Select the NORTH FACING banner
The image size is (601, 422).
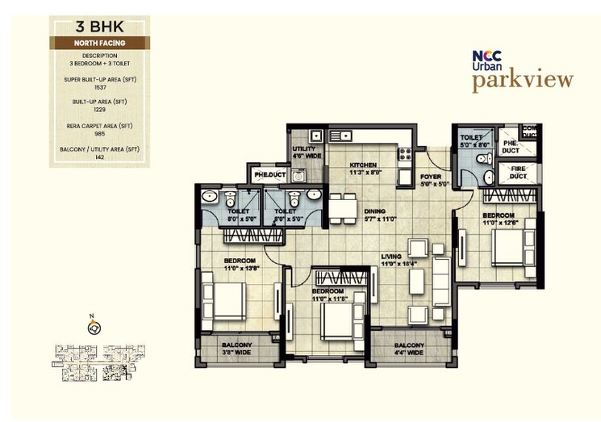pos(99,42)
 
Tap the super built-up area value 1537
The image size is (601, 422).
pos(99,87)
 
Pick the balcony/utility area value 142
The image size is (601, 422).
pos(99,157)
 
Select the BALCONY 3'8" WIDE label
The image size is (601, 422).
pos(237,349)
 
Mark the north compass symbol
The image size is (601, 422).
pos(95,327)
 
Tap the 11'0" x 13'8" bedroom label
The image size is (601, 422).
pos(240,263)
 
